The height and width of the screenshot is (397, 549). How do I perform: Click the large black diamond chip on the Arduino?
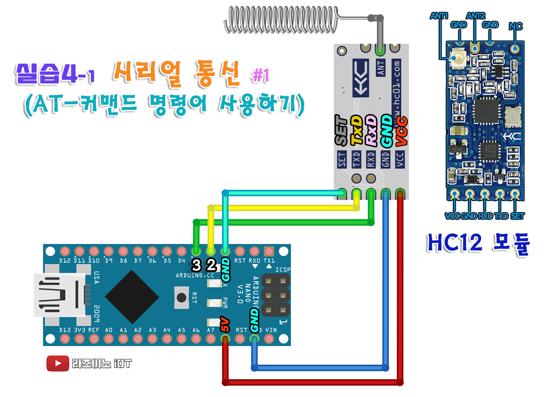[132, 296]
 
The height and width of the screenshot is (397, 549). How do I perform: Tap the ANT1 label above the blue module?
[439, 16]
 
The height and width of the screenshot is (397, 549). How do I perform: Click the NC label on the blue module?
[516, 26]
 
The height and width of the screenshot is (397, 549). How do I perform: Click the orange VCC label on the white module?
[401, 131]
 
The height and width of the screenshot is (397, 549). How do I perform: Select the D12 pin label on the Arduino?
[65, 260]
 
